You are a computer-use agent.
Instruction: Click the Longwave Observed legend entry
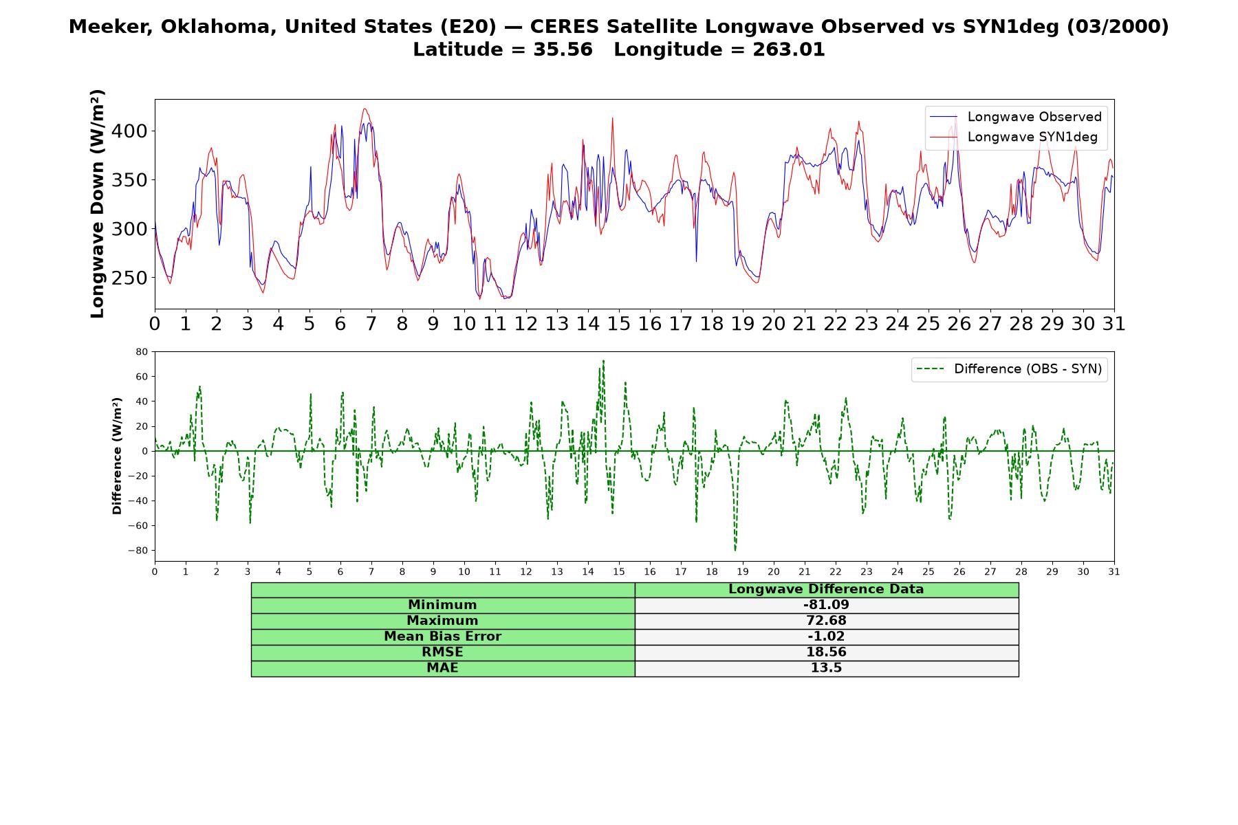(x=1015, y=117)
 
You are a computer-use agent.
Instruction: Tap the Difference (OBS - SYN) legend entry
(x=1010, y=369)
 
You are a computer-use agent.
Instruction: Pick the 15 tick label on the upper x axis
(x=618, y=324)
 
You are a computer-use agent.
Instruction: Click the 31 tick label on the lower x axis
(x=1114, y=572)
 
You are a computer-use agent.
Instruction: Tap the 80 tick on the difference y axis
(x=142, y=352)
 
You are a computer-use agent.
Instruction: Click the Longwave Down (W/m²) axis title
(x=97, y=203)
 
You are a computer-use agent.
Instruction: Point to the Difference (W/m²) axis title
(x=117, y=456)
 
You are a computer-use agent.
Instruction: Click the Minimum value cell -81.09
(x=826, y=605)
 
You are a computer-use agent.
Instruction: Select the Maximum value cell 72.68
(x=826, y=621)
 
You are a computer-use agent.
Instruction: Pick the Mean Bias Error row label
(x=443, y=637)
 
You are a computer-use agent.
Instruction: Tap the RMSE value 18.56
(x=826, y=652)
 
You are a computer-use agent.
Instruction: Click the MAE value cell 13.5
(x=826, y=668)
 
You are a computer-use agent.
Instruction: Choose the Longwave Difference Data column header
(x=826, y=589)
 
